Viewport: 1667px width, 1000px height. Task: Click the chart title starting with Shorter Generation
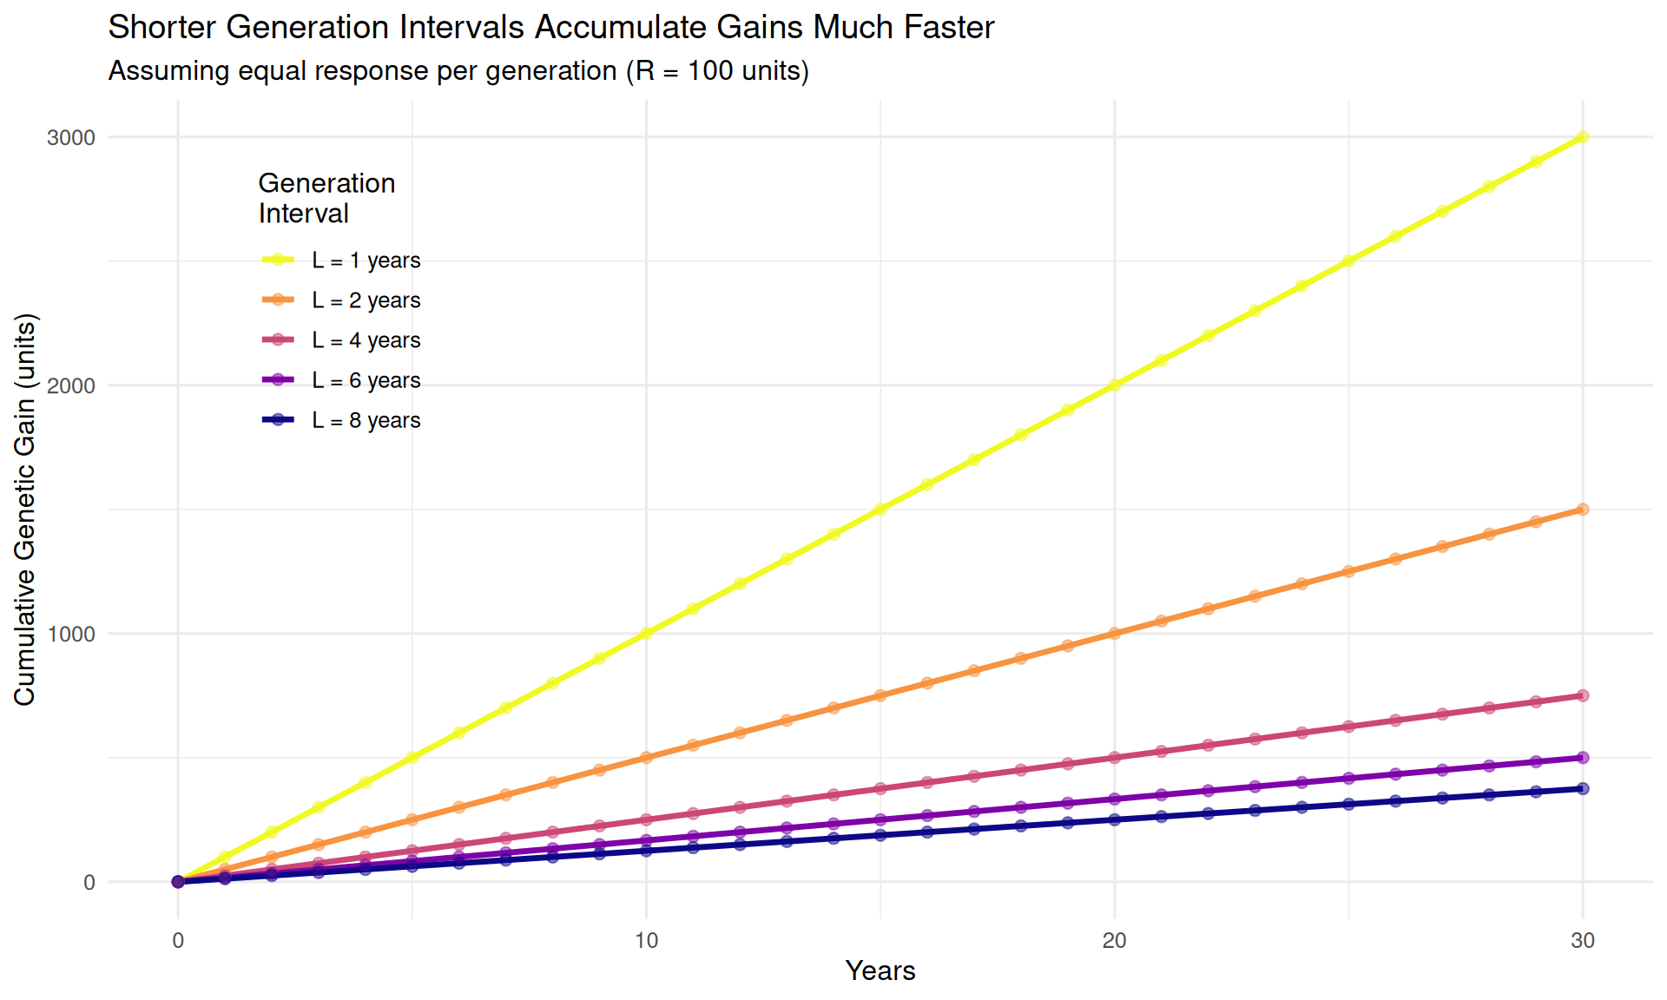[550, 28]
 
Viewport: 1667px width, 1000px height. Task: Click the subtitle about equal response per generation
[458, 71]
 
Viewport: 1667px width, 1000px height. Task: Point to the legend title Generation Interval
[326, 198]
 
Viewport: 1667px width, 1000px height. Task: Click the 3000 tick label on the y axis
[71, 138]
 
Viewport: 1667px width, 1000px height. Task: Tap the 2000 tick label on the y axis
[71, 386]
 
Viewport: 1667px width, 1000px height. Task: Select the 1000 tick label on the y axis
[71, 635]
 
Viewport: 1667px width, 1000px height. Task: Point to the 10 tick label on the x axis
[646, 940]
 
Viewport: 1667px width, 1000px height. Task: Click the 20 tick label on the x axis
[1114, 940]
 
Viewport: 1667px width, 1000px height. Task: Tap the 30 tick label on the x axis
[1582, 940]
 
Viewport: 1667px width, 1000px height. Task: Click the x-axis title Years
[880, 970]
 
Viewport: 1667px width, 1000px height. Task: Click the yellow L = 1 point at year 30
[1582, 137]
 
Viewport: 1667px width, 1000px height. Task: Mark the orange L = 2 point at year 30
[1582, 510]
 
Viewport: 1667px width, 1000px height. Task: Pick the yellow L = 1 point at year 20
[1114, 385]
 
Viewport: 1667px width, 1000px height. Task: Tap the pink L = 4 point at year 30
[1582, 695]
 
